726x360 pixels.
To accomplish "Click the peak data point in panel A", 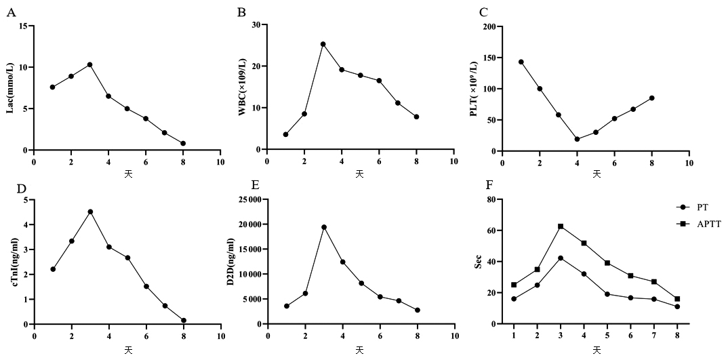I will tap(89, 64).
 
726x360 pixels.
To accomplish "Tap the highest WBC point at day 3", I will tap(323, 44).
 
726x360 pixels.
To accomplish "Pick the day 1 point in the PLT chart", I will tap(521, 62).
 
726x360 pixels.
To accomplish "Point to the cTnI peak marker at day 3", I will tap(90, 212).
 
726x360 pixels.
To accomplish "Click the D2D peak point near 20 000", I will tap(324, 227).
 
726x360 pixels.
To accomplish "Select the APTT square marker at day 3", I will tap(561, 226).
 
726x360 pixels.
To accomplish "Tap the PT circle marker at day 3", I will tap(561, 258).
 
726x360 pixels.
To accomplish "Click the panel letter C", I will tap(483, 12).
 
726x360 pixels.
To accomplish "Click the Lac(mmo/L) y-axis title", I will tap(11, 88).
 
